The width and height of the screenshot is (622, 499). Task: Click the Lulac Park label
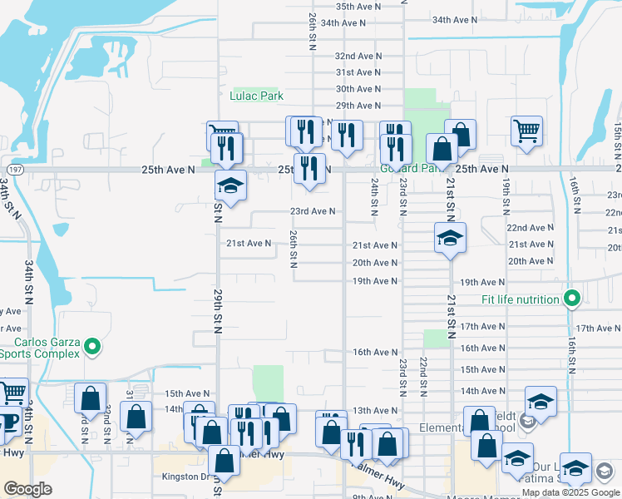257,96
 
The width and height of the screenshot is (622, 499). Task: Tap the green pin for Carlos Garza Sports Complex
93,346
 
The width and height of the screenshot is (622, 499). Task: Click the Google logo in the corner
28,489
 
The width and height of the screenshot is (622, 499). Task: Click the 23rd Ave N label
312,211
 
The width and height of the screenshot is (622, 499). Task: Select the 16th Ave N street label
374,353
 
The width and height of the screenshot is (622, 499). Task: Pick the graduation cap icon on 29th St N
230,185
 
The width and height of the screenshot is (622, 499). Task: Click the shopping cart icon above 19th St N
526,130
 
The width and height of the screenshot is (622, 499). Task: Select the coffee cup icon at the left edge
7,423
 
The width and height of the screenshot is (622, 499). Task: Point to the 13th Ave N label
375,411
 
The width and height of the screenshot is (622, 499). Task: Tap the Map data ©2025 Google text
571,492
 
